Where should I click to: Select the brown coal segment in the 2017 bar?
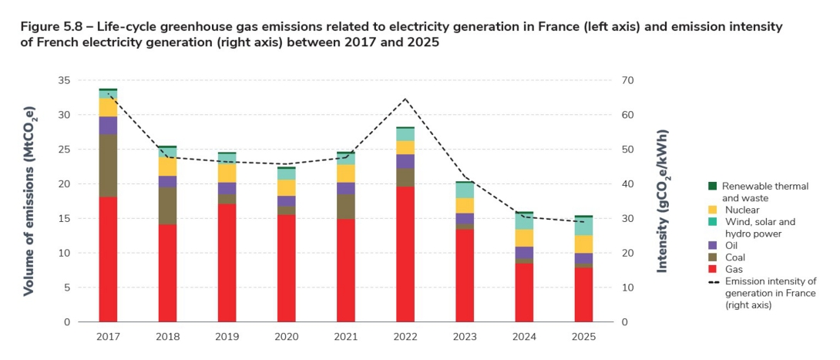[x=108, y=166]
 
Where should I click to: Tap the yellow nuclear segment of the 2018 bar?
[x=167, y=166]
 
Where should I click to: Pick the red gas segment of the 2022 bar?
[x=405, y=254]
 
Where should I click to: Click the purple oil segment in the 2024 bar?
[x=524, y=252]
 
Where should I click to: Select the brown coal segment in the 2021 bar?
[x=346, y=207]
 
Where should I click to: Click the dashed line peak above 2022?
[x=405, y=99]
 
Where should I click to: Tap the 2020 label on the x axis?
[x=286, y=336]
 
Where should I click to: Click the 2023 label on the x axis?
[x=465, y=336]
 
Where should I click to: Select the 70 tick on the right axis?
[x=628, y=81]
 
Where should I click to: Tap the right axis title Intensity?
[x=662, y=200]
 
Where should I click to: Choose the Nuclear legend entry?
[x=742, y=210]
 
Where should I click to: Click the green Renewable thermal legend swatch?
[x=713, y=186]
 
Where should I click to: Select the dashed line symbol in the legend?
[x=713, y=281]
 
